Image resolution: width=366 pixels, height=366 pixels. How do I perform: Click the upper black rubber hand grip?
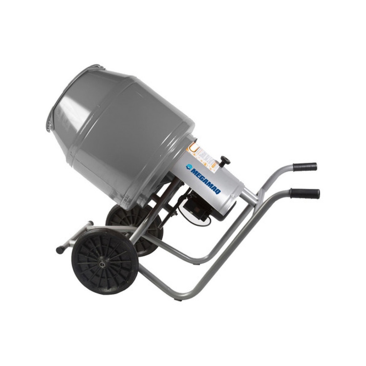tap(305, 167)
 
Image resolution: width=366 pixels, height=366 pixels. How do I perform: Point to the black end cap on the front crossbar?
tap(60, 249)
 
